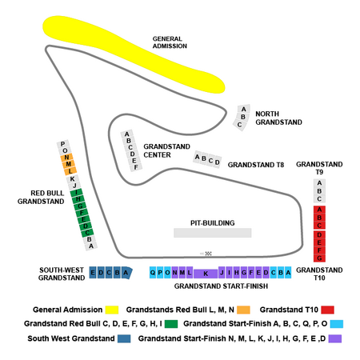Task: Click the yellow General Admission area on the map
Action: [134, 54]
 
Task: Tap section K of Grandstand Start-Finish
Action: [206, 274]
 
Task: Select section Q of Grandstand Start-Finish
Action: [153, 273]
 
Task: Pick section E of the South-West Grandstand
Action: [93, 273]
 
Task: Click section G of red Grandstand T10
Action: [319, 258]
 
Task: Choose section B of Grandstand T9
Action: [319, 191]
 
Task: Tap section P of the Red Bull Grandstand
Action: [63, 144]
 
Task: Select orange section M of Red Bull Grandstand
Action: [69, 164]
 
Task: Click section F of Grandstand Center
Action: [136, 167]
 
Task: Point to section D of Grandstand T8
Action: [218, 162]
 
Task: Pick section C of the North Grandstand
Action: [239, 125]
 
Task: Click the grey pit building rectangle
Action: [213, 233]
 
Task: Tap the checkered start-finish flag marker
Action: [209, 254]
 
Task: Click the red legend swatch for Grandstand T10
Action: [327, 310]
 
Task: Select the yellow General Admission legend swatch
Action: [112, 310]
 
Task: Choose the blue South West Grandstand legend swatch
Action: [124, 338]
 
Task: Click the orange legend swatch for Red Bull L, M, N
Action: [243, 310]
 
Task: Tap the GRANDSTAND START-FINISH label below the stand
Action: [221, 286]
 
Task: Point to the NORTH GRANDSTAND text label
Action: [278, 118]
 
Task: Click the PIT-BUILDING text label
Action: [213, 223]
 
